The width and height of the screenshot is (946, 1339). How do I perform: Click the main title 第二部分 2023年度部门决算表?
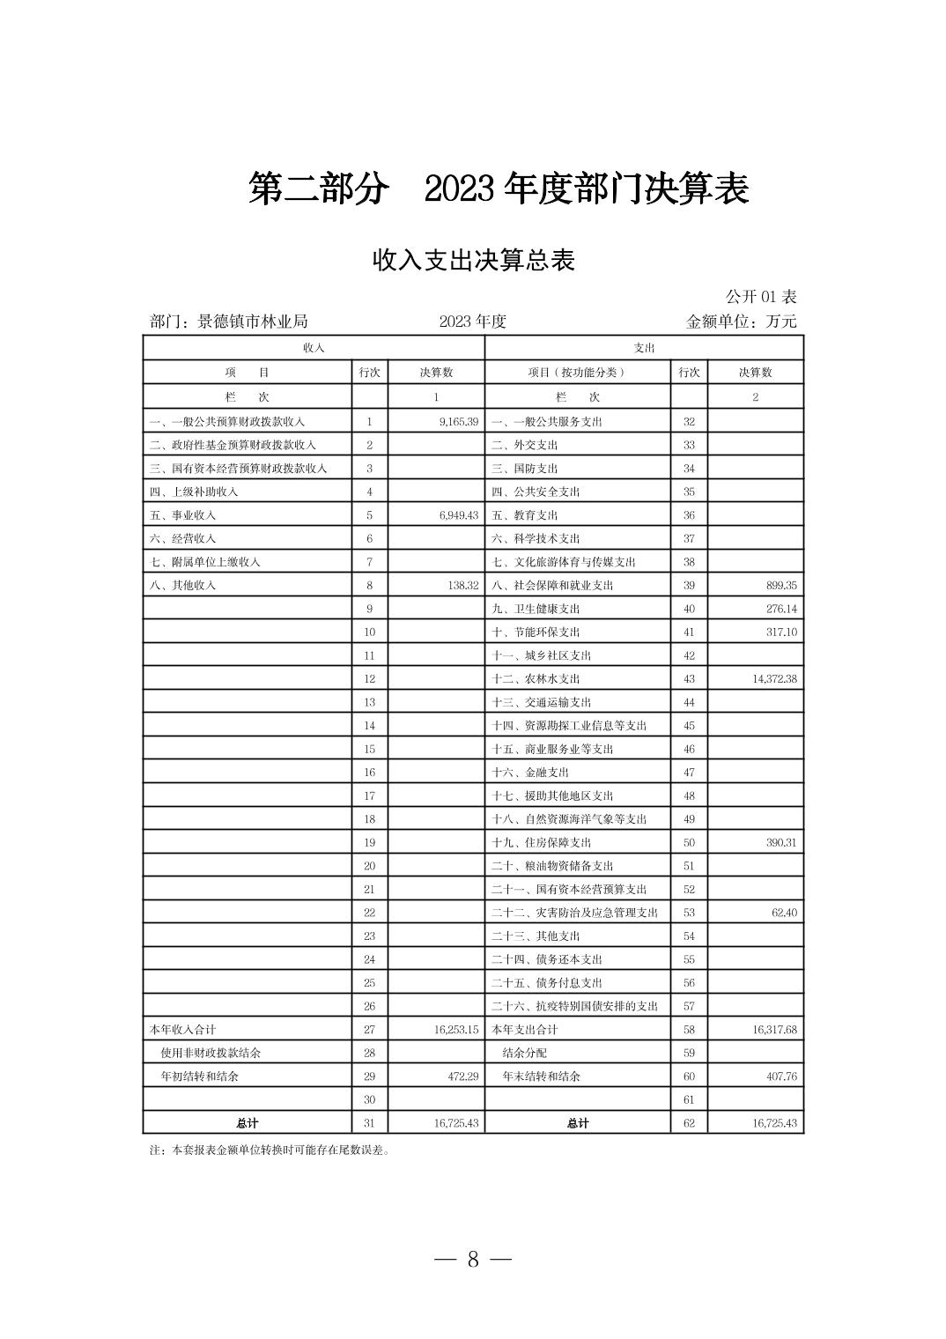(x=498, y=189)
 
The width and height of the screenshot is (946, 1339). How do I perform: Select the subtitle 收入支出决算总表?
(x=473, y=261)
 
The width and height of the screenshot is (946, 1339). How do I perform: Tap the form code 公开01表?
(x=760, y=297)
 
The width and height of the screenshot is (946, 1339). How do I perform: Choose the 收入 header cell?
(x=314, y=348)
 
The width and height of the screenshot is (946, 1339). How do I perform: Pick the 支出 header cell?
(x=644, y=348)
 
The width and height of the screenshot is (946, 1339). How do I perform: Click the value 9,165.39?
(x=458, y=422)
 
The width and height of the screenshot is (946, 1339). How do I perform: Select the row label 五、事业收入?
(x=183, y=515)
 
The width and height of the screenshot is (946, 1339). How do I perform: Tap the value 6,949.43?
(x=458, y=515)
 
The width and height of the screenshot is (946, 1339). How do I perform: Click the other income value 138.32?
(x=462, y=585)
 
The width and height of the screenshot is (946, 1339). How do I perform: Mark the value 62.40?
(x=783, y=913)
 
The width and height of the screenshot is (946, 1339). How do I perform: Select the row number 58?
(x=689, y=1030)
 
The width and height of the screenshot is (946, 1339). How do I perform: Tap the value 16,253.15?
(x=455, y=1030)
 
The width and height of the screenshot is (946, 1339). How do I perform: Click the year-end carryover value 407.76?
(x=779, y=1076)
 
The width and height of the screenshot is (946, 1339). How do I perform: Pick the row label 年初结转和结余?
(x=199, y=1076)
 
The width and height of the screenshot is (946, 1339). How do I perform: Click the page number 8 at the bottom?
(x=473, y=1259)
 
